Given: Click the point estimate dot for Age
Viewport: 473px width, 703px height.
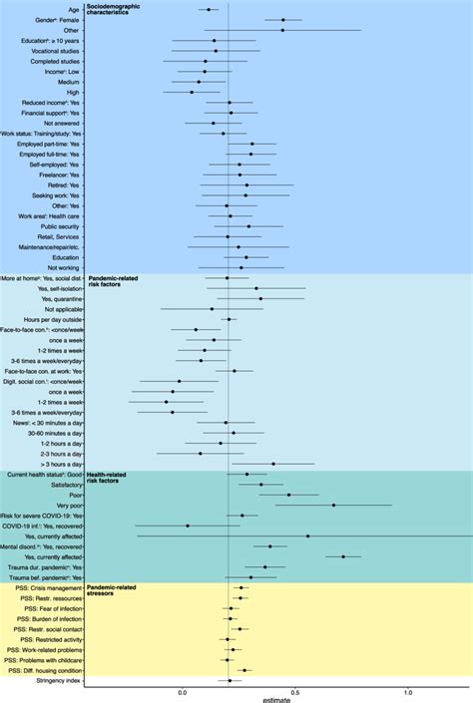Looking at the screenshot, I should (209, 9).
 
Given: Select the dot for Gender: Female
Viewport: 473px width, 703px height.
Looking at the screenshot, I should (283, 20).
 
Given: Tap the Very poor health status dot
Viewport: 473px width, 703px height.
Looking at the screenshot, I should (333, 506).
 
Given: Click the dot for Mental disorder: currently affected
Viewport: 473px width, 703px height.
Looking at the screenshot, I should (343, 557).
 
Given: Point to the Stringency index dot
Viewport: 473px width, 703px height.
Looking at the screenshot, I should (230, 680).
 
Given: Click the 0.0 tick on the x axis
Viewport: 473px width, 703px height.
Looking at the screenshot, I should (183, 690).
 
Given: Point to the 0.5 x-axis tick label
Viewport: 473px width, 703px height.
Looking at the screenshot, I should (295, 690).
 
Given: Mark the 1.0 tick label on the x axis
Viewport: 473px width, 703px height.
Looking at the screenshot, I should (407, 690).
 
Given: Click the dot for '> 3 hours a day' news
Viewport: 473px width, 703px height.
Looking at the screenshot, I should (273, 464).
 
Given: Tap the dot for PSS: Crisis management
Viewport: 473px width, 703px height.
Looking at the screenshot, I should (240, 587).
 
